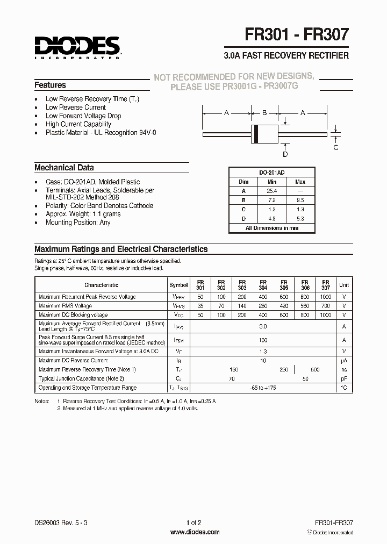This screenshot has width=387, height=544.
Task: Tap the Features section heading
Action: click(x=50, y=85)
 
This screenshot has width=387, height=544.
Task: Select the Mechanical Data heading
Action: click(x=64, y=168)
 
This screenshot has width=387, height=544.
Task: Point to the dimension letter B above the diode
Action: click(x=264, y=113)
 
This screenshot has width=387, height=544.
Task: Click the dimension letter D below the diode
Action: click(x=285, y=154)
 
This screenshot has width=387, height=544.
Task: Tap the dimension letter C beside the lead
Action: click(x=336, y=147)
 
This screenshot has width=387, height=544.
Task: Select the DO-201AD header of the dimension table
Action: click(x=271, y=173)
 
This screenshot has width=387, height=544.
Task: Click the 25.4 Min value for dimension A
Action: click(x=271, y=191)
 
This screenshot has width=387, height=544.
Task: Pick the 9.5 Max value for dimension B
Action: click(x=300, y=200)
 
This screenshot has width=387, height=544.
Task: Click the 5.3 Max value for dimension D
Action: click(x=300, y=219)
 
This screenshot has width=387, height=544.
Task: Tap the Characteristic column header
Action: click(x=101, y=285)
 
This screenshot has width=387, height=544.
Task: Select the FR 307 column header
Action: click(x=326, y=285)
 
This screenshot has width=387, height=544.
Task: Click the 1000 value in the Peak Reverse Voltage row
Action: click(x=326, y=297)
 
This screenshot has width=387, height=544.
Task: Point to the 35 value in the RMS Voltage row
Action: click(x=200, y=306)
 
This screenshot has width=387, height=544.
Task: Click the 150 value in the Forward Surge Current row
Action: click(x=263, y=340)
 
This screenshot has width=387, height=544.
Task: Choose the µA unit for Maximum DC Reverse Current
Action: click(x=344, y=361)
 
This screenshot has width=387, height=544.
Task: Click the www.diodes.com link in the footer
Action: click(x=195, y=532)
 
